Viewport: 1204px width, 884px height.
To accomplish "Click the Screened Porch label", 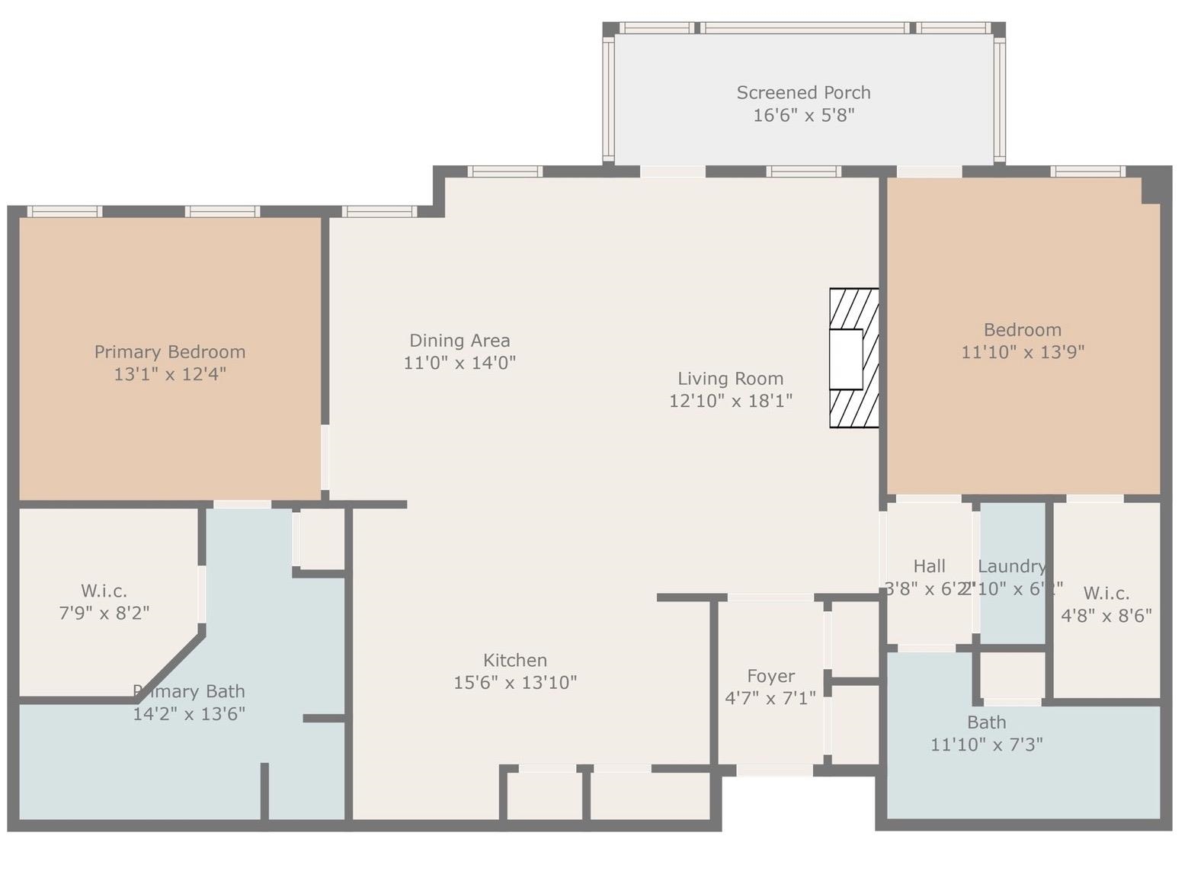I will click(x=803, y=93).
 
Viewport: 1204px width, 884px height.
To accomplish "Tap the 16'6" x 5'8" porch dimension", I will click(x=803, y=116).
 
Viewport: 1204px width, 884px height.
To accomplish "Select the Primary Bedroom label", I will click(x=170, y=352).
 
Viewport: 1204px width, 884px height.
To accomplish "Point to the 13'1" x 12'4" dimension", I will click(x=170, y=374).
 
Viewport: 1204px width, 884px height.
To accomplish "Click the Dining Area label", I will click(x=460, y=341).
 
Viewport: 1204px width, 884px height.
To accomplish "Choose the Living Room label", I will click(x=730, y=379).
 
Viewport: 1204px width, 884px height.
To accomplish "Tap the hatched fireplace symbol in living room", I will click(x=853, y=358).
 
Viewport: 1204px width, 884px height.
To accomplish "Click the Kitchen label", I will click(x=515, y=660).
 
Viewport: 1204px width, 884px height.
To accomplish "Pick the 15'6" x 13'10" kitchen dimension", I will click(x=515, y=683).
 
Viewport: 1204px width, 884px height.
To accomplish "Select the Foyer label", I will click(x=770, y=676).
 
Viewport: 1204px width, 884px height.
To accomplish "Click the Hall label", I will click(x=929, y=566).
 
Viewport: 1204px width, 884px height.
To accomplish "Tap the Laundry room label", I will click(x=1011, y=566).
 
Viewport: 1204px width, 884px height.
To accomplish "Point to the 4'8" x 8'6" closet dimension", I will click(x=1106, y=616).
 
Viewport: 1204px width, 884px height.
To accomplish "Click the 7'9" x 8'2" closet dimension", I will click(x=104, y=613).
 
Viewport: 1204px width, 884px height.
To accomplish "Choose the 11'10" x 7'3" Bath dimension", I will click(x=986, y=745).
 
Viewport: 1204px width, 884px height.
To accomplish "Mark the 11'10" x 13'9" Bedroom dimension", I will click(x=1022, y=352).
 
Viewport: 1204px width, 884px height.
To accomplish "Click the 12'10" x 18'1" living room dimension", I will click(x=730, y=401).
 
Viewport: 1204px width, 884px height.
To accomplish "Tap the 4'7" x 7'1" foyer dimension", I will click(x=770, y=698).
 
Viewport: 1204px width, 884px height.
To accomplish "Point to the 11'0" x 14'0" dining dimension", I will click(x=460, y=363).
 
